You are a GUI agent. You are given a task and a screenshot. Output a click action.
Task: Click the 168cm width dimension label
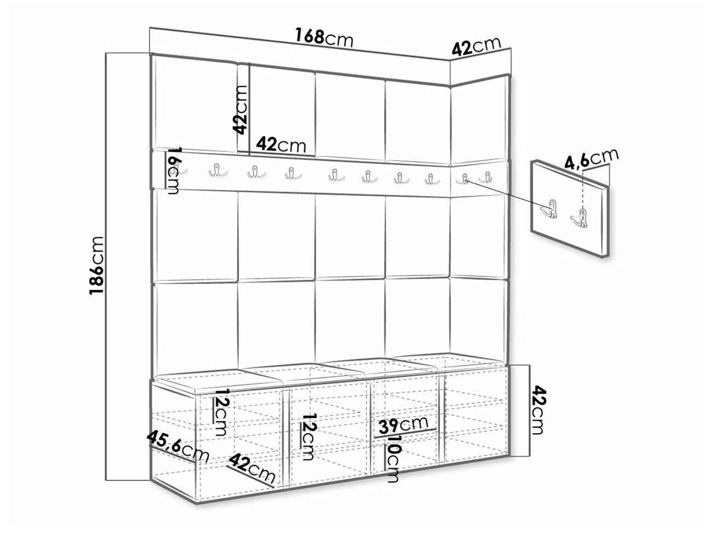point(324,37)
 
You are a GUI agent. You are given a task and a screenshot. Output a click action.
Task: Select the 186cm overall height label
point(96,265)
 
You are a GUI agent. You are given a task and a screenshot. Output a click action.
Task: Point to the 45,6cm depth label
point(178,447)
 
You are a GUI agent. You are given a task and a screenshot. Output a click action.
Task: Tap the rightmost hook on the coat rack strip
point(485,178)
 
